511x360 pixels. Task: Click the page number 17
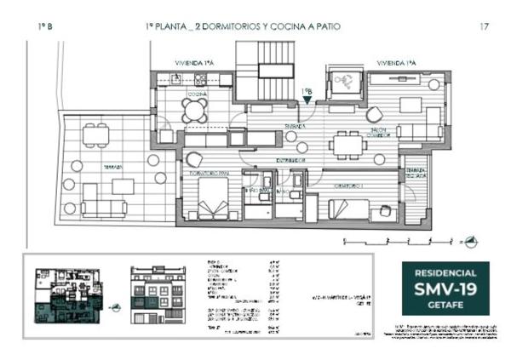click(x=484, y=27)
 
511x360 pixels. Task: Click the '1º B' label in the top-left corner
click(x=45, y=27)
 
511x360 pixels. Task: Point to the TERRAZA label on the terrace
click(x=103, y=167)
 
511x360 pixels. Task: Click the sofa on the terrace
click(x=104, y=207)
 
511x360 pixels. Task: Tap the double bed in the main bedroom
click(x=209, y=204)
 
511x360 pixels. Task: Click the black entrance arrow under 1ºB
click(x=307, y=100)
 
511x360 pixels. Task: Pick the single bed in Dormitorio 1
click(x=348, y=208)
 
